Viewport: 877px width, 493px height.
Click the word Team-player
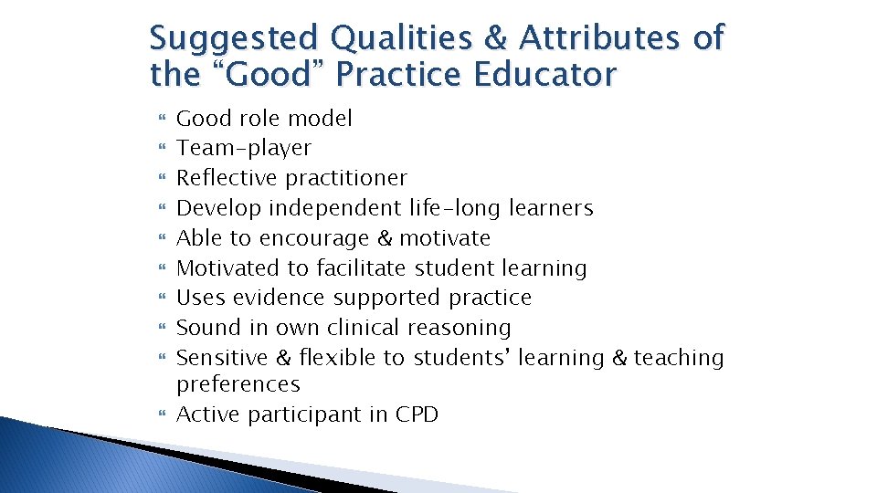244,148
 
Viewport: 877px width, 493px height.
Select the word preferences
238,384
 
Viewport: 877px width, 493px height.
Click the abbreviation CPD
417,414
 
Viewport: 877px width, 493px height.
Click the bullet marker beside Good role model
163,119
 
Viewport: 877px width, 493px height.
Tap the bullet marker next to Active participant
163,415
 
